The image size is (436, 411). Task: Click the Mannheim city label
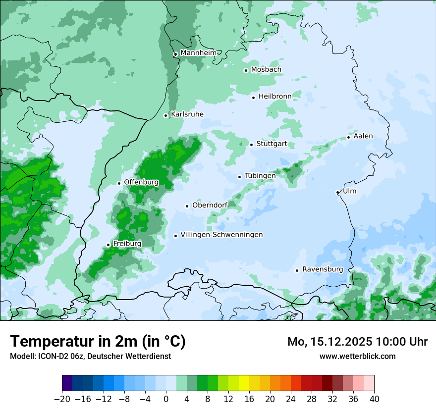click(199, 53)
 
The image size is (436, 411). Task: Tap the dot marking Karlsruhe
click(166, 115)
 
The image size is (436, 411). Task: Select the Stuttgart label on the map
click(272, 144)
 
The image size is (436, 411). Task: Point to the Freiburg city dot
click(108, 245)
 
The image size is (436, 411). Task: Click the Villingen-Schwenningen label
click(221, 235)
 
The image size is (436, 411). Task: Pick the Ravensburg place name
click(323, 269)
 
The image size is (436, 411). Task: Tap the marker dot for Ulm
click(337, 192)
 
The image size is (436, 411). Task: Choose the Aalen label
click(363, 136)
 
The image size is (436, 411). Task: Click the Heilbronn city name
click(275, 96)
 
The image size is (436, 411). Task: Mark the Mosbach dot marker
click(246, 70)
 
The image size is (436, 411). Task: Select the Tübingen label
click(260, 176)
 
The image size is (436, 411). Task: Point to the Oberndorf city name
click(210, 205)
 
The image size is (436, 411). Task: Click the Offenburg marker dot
click(119, 183)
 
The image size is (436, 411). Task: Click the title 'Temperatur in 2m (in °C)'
click(98, 341)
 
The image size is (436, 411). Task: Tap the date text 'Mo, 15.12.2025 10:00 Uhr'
click(357, 342)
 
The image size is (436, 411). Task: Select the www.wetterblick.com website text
click(357, 356)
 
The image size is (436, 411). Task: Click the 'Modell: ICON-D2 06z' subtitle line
click(90, 356)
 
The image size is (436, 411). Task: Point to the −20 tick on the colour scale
click(62, 399)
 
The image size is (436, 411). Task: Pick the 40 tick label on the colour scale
click(374, 399)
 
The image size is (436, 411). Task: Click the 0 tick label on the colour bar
click(166, 399)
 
